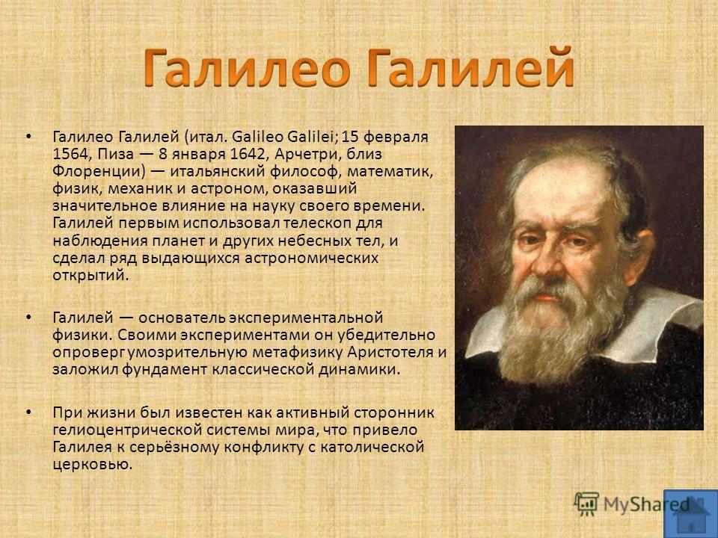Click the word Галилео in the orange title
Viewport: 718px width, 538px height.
(248, 67)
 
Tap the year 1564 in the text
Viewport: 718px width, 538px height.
(69, 154)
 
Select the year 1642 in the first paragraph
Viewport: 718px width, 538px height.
(248, 154)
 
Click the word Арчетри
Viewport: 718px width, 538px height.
(309, 154)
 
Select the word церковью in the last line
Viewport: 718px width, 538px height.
(93, 465)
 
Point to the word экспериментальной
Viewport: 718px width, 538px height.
(305, 318)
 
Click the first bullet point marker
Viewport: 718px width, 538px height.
(29, 136)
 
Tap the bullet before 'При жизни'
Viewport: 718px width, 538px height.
(29, 412)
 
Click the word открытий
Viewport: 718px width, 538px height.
(90, 276)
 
